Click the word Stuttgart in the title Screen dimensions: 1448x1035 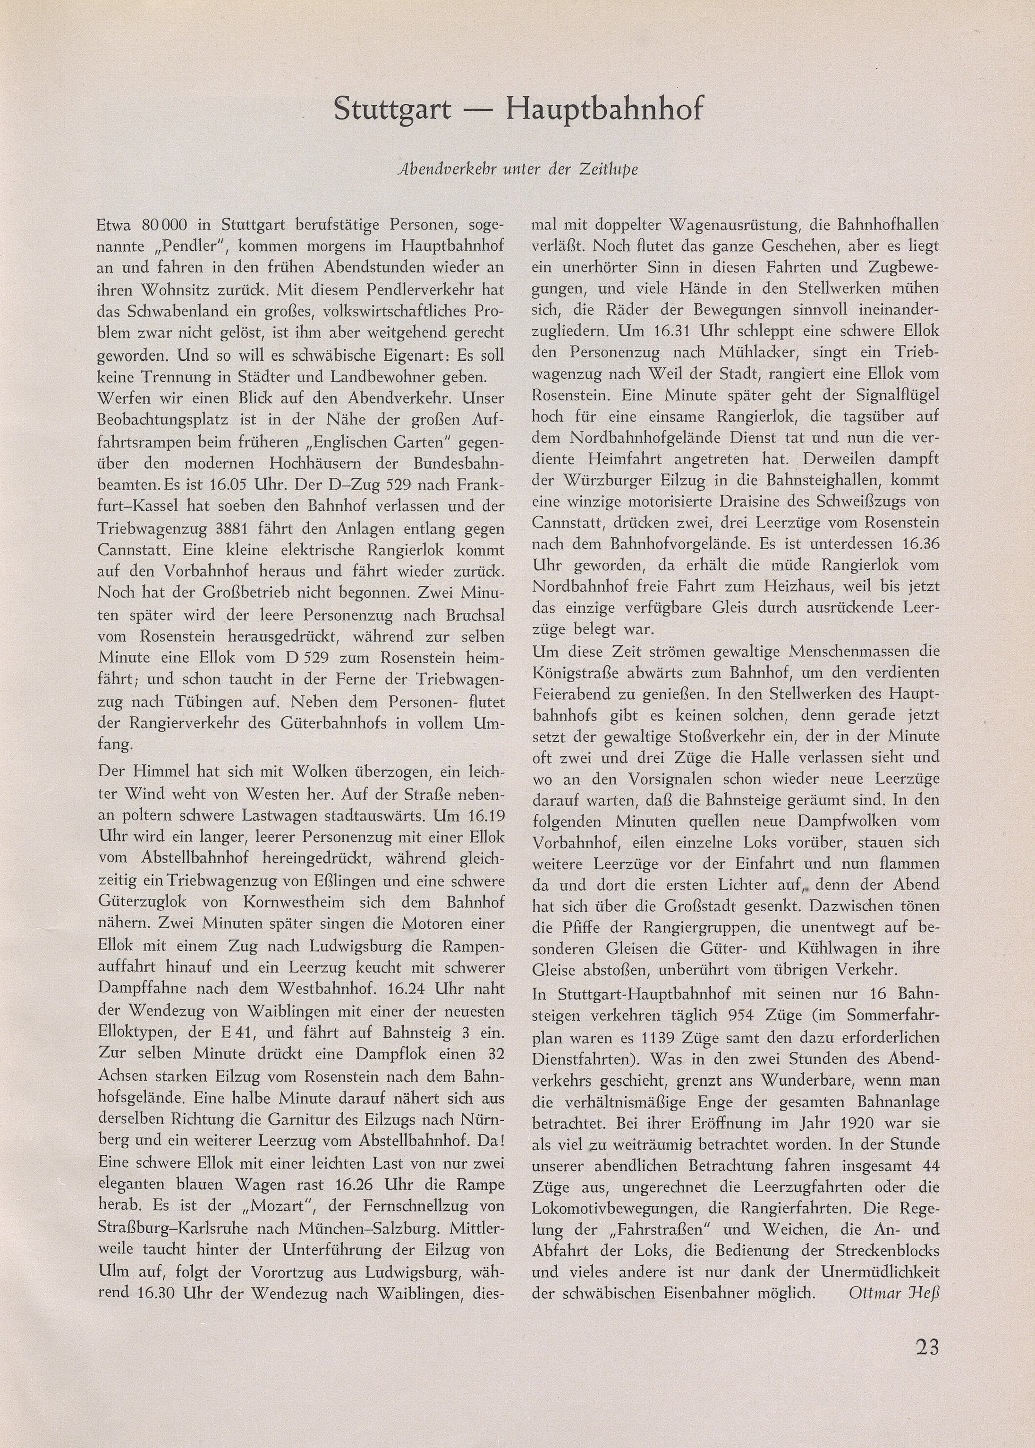[x=392, y=110]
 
